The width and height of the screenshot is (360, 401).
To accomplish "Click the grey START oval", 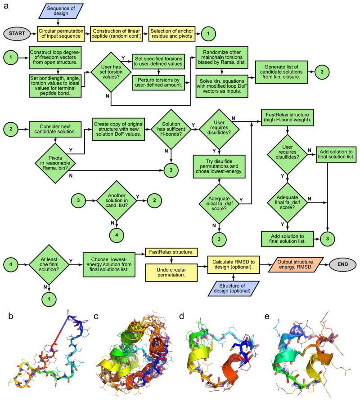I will (x=16, y=33).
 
